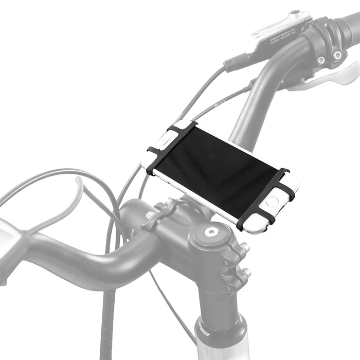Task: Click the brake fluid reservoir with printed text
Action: [278, 31]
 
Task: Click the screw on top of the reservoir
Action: [295, 12]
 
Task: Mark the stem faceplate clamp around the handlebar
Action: [165, 216]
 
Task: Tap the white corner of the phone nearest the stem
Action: [252, 226]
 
